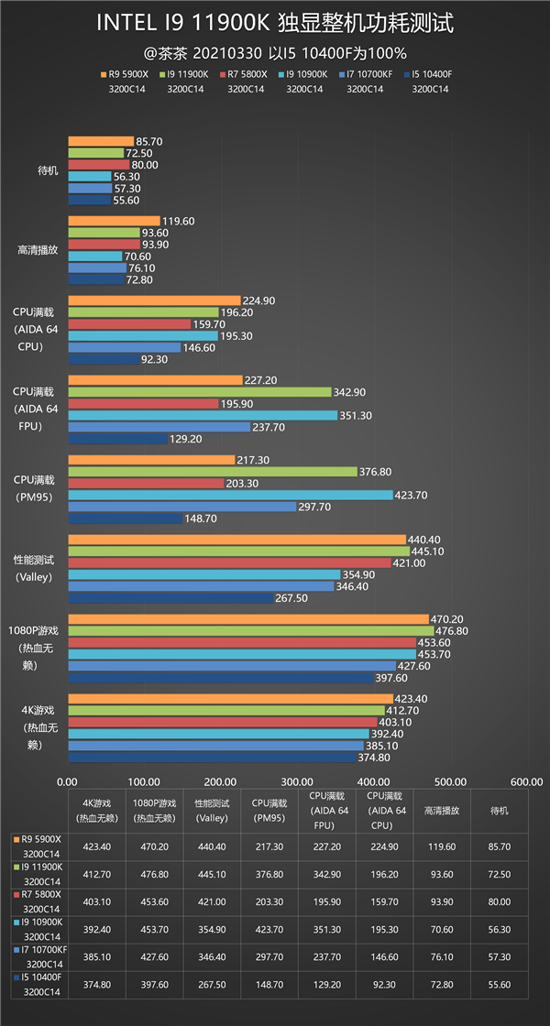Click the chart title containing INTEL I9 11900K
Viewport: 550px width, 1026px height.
[x=275, y=23]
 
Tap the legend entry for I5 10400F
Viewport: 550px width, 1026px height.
[x=432, y=73]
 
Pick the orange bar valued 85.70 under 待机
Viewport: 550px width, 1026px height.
[x=101, y=141]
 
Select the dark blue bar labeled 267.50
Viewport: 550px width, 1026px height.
[x=170, y=597]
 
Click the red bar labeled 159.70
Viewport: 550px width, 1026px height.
[x=129, y=323]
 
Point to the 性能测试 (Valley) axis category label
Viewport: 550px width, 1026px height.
[x=36, y=567]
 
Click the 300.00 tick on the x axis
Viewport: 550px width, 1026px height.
[x=297, y=781]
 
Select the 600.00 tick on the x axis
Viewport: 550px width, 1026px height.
[x=526, y=781]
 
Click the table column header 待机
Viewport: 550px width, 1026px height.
[x=499, y=811]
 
